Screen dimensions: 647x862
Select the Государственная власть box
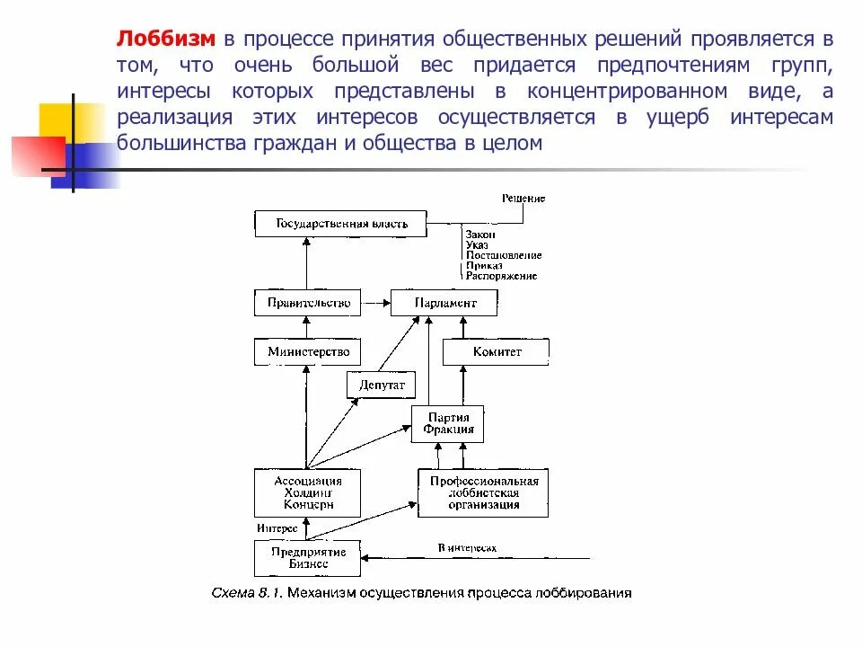[341, 224]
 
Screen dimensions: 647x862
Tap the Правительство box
[308, 303]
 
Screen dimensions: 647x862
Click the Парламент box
[445, 303]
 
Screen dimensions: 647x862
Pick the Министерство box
[308, 351]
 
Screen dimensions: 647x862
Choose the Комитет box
[496, 351]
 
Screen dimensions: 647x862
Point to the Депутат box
[382, 385]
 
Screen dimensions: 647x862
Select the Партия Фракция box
[448, 423]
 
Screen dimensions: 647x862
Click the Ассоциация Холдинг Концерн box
[308, 492]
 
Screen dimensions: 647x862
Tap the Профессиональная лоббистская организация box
[483, 492]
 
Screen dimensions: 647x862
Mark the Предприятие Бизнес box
[308, 558]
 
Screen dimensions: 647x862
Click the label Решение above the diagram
[523, 198]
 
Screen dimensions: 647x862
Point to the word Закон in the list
[481, 234]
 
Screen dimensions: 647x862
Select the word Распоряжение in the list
[502, 276]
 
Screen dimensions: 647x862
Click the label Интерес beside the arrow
[277, 528]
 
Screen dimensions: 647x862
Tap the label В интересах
[467, 547]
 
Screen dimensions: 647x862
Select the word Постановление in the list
[504, 255]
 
